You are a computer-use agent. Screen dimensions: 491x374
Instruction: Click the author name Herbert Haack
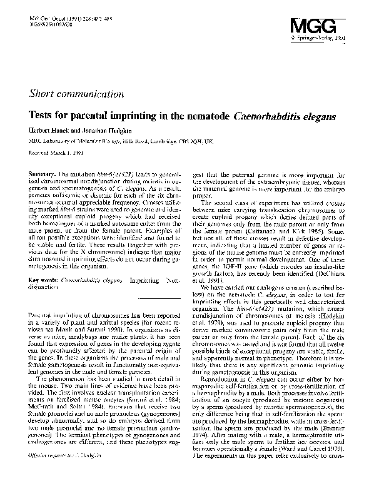click(49, 131)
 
